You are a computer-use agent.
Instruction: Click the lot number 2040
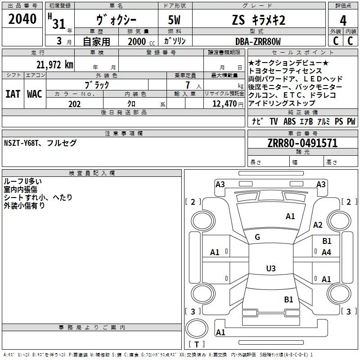[x=22, y=20]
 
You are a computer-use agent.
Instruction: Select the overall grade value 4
[x=343, y=21]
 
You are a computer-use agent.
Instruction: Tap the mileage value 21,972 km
[x=54, y=65]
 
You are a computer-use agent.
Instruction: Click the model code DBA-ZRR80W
[x=258, y=42]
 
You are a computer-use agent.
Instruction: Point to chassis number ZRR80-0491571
[x=302, y=144]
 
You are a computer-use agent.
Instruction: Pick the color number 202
[x=74, y=104]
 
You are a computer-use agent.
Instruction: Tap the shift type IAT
[x=13, y=94]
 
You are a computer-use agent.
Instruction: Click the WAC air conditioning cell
[x=35, y=94]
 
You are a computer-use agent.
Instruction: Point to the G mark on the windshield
[x=257, y=237]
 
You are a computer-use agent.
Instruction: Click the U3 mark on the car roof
[x=270, y=269]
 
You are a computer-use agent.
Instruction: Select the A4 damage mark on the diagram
[x=326, y=252]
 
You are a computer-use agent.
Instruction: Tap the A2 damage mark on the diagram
[x=318, y=225]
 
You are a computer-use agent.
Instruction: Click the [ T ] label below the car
[x=197, y=345]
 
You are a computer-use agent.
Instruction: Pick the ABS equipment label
[x=290, y=121]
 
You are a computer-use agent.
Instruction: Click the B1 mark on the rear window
[x=288, y=299]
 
